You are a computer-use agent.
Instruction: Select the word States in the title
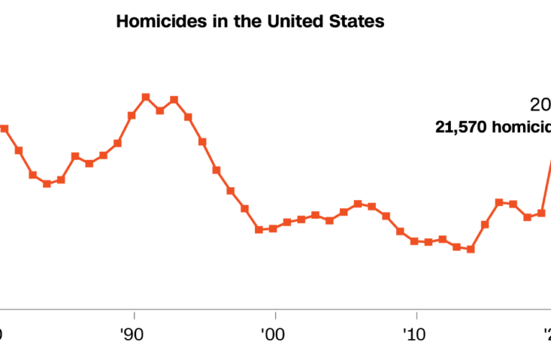point(357,22)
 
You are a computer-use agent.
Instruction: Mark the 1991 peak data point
point(145,96)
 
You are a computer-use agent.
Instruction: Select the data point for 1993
point(174,99)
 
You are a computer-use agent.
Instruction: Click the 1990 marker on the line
point(132,115)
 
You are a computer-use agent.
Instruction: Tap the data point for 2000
point(272,228)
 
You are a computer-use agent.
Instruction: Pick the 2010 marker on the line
point(414,241)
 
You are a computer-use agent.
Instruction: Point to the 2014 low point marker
point(470,249)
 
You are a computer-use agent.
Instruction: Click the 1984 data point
point(47,184)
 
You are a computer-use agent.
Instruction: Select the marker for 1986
point(75,156)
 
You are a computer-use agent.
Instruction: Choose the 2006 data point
point(357,204)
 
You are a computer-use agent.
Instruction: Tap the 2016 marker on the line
point(498,202)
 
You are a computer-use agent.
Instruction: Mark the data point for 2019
point(541,213)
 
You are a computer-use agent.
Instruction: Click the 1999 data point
point(259,230)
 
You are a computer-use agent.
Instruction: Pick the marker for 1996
point(216,170)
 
